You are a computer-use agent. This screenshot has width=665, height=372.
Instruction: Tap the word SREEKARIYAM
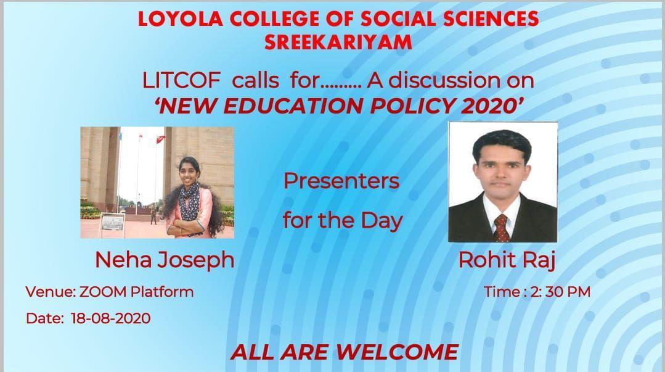pos(338,43)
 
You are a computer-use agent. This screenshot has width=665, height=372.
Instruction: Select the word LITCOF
pos(182,80)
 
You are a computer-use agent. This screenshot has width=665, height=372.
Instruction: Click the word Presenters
pos(341,181)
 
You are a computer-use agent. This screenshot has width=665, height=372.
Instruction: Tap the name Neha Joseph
pos(165,260)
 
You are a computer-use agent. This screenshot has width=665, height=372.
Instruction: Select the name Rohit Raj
pos(507,260)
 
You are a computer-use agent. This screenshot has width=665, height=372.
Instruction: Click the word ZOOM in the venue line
pos(103,292)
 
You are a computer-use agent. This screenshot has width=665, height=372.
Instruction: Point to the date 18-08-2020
pos(111,318)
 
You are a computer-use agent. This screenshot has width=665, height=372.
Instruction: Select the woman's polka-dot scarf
pos(189,206)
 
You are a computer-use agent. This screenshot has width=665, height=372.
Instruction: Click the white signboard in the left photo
pos(113,221)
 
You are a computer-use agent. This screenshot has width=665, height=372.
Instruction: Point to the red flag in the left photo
pos(160,138)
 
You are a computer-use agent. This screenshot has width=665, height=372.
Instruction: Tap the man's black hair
pos(502,143)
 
